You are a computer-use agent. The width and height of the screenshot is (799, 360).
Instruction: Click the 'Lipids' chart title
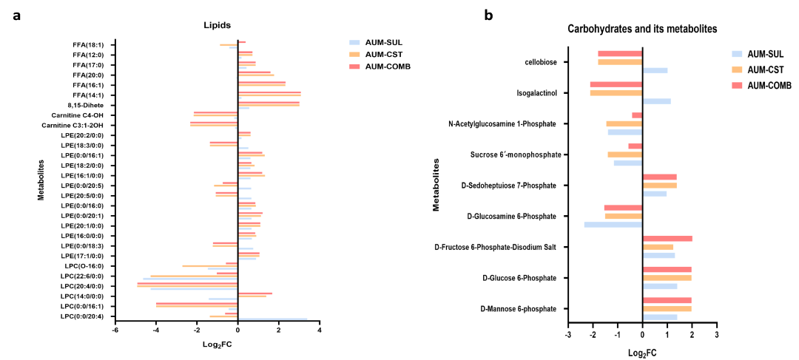pyautogui.click(x=218, y=25)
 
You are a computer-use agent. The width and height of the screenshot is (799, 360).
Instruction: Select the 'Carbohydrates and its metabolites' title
pyautogui.click(x=642, y=29)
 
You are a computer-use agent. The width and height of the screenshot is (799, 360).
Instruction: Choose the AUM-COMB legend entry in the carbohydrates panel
pyautogui.click(x=769, y=85)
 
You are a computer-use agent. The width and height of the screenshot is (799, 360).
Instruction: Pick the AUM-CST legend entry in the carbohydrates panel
pyautogui.click(x=766, y=69)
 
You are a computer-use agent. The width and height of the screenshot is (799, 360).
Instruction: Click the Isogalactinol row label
pyautogui.click(x=536, y=93)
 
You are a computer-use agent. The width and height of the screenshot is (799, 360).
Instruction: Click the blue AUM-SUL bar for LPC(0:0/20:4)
pyautogui.click(x=272, y=320)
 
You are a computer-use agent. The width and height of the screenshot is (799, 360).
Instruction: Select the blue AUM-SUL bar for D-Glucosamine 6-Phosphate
pyautogui.click(x=613, y=224)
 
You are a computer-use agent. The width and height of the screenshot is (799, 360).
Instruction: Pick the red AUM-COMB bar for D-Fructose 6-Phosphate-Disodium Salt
pyautogui.click(x=667, y=239)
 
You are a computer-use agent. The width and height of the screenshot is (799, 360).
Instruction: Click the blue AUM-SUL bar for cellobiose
pyautogui.click(x=655, y=70)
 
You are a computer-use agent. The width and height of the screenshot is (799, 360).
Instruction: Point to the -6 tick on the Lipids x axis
pyautogui.click(x=115, y=330)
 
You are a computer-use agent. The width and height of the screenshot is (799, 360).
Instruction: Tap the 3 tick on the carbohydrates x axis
pyautogui.click(x=717, y=334)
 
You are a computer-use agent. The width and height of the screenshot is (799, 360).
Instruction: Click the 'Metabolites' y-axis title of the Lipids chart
pyautogui.click(x=42, y=180)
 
